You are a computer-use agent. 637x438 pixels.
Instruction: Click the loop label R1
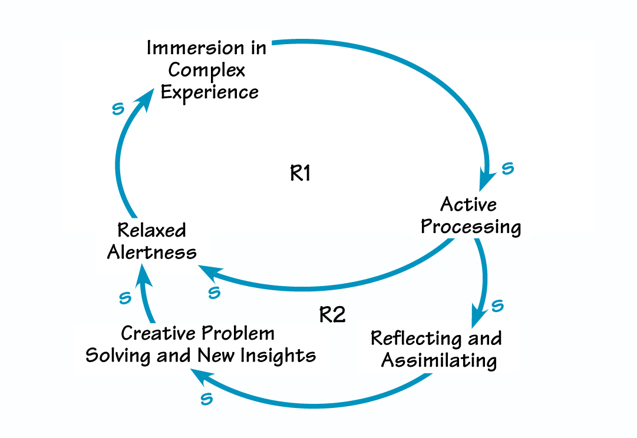[301, 174]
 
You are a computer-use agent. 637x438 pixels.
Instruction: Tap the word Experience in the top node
[210, 93]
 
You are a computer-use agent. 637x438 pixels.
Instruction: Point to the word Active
[468, 204]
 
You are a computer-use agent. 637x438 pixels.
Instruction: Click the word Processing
[471, 227]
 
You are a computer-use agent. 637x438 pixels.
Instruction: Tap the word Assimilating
[439, 360]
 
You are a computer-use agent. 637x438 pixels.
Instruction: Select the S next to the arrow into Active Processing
[507, 169]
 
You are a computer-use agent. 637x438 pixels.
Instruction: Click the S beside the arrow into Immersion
[118, 108]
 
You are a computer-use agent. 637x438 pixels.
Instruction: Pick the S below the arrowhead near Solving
[206, 399]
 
